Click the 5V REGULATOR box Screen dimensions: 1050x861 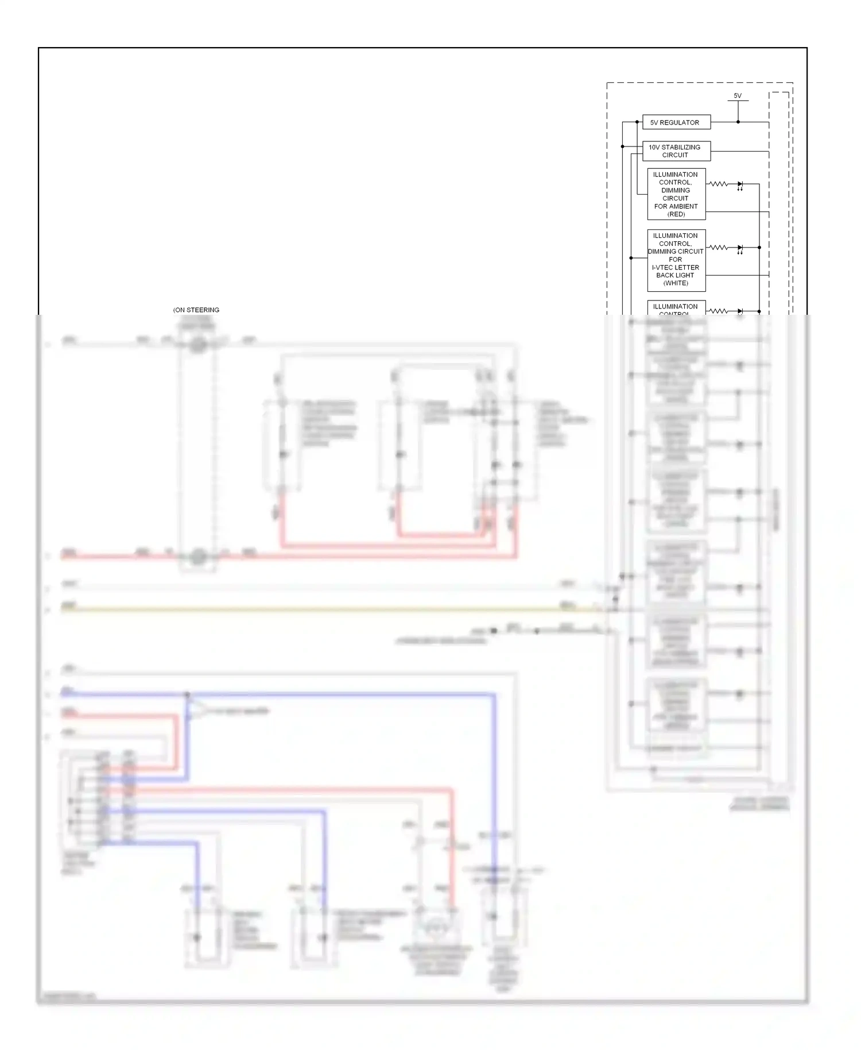point(676,122)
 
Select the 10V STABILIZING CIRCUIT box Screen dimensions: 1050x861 point(676,151)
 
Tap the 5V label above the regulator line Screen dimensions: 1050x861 point(738,96)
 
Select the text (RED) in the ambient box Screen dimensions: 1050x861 point(676,214)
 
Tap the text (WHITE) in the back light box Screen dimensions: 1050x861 point(676,283)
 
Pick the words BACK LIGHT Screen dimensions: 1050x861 point(675,275)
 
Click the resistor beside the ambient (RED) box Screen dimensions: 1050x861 point(718,184)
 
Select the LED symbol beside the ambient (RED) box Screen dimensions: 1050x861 point(740,184)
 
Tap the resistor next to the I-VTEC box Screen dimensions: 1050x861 point(718,248)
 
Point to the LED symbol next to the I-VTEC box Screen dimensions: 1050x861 point(740,248)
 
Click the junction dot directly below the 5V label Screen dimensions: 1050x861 point(738,122)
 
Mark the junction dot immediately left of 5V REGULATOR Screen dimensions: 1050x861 point(637,122)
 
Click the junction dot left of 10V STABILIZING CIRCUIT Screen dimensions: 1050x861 point(623,146)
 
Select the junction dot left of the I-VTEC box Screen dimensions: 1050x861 point(631,258)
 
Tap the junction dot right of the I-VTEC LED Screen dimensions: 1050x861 point(759,248)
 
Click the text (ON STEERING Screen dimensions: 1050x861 point(196,310)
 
